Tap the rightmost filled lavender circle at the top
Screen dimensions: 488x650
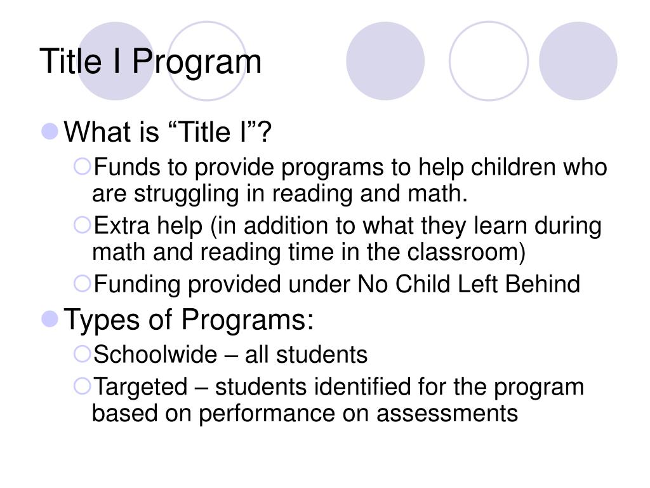coord(578,61)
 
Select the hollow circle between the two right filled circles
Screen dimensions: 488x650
coord(488,61)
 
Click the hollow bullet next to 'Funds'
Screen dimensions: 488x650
coord(83,167)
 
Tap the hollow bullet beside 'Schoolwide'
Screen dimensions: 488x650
coord(83,353)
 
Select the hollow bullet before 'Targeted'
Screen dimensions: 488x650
coord(83,385)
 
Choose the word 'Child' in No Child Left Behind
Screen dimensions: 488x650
coord(421,284)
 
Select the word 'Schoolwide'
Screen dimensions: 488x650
coord(155,354)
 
